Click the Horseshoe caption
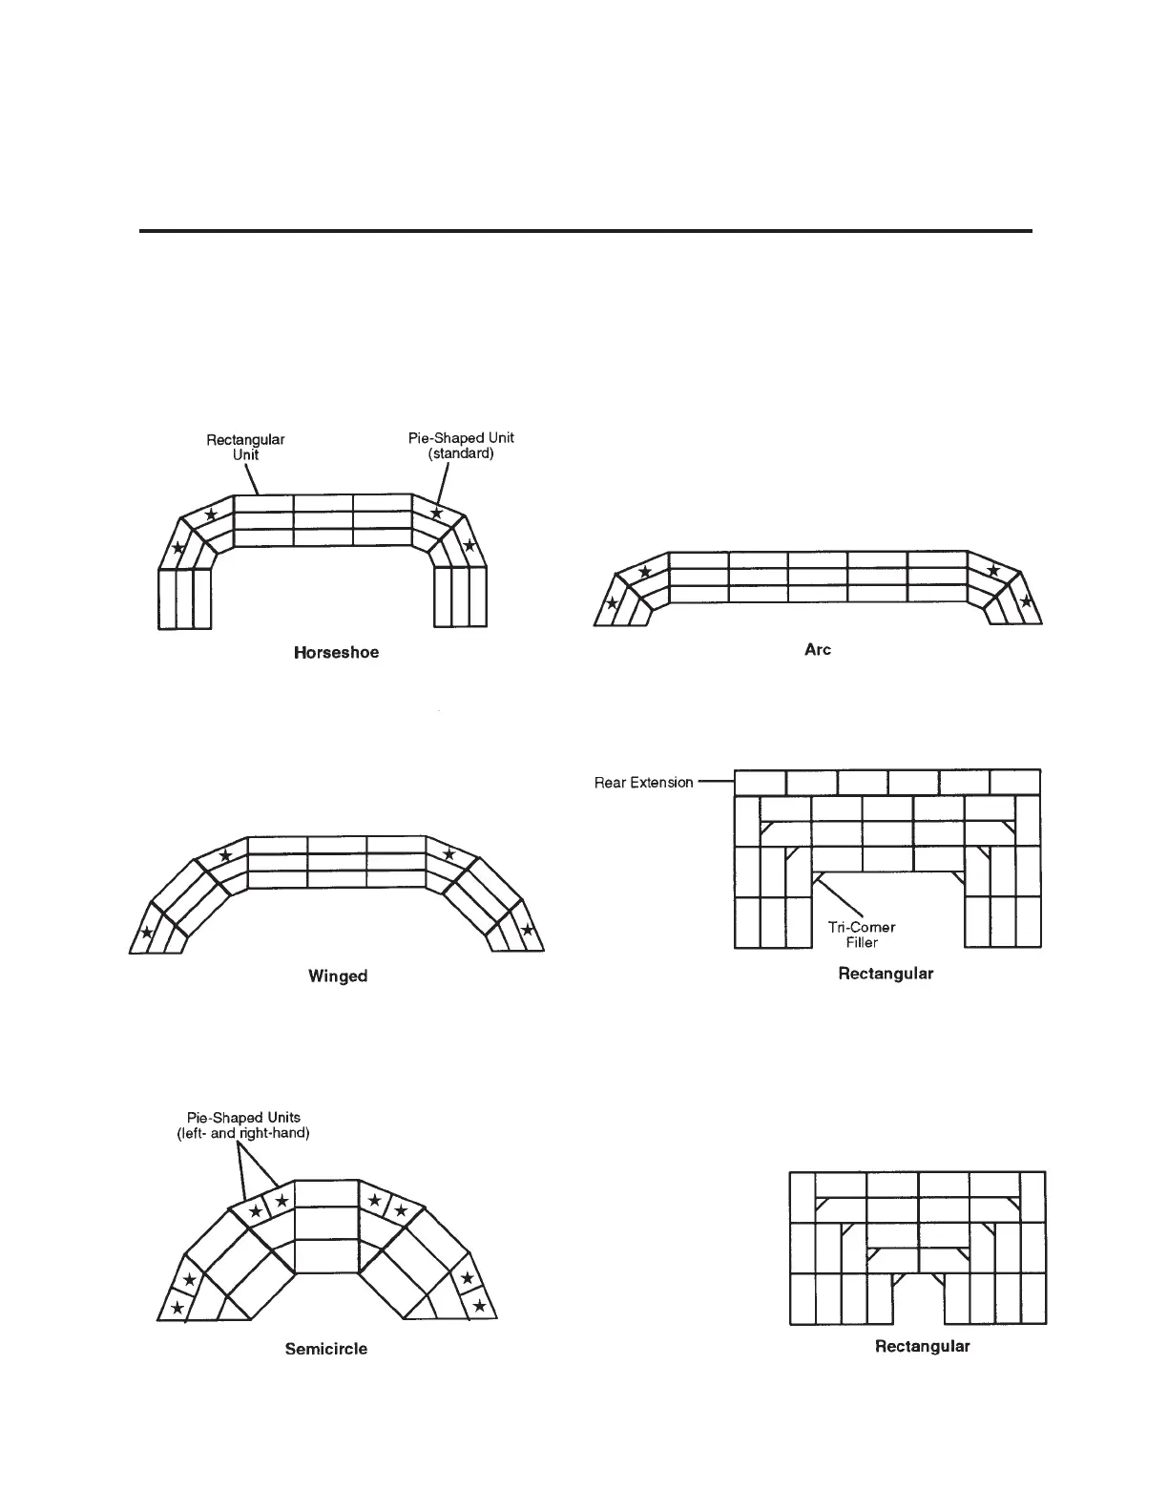point(336,653)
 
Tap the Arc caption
point(818,649)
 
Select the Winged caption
point(338,976)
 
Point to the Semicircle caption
point(325,1349)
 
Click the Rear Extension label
point(644,783)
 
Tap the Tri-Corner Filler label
point(861,934)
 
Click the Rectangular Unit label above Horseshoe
point(245,447)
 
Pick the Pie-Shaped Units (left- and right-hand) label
point(243,1125)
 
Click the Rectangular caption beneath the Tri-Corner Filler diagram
point(886,974)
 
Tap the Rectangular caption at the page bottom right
point(922,1346)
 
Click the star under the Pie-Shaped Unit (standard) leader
point(437,514)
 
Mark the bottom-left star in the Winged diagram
point(146,933)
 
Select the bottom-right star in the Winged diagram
point(527,930)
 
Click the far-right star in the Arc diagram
point(1026,601)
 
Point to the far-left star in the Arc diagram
point(612,602)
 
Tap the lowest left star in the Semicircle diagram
point(177,1307)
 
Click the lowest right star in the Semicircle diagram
point(479,1305)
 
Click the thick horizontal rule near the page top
point(586,231)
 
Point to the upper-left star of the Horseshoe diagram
point(212,515)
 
